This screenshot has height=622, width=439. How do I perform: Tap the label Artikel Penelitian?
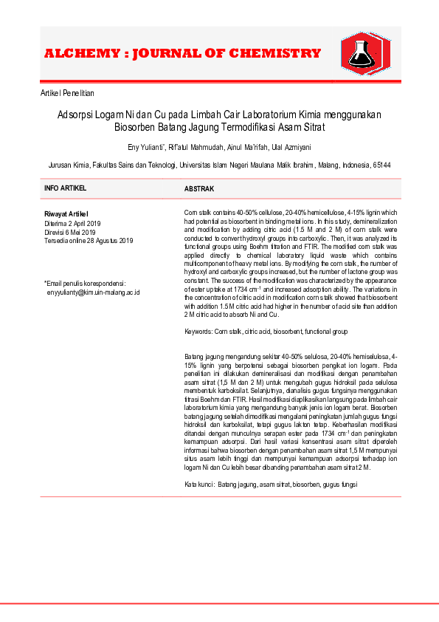[x=67, y=94]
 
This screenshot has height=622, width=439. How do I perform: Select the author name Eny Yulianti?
[x=146, y=147]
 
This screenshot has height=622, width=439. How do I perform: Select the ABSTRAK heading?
[x=198, y=189]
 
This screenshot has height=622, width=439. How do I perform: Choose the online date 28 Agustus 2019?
[x=108, y=240]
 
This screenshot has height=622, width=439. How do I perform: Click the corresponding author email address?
[x=94, y=293]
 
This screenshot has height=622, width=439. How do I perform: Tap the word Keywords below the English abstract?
[x=198, y=332]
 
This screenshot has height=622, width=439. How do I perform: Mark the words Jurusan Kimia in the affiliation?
[x=69, y=165]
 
